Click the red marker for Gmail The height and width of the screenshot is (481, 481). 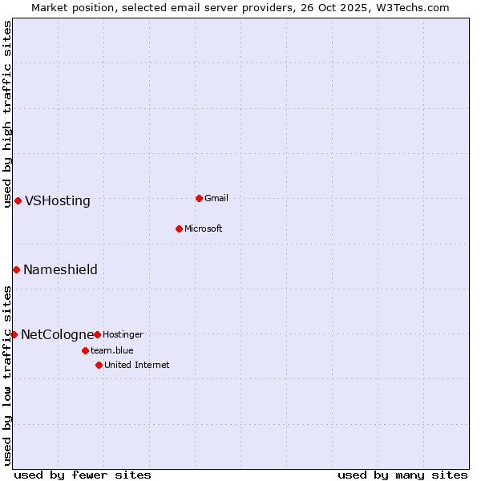click(199, 198)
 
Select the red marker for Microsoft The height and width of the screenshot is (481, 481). click(179, 228)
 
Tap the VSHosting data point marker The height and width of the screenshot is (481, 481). click(18, 200)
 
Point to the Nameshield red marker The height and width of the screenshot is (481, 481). click(16, 269)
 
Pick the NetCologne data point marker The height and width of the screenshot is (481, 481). click(14, 334)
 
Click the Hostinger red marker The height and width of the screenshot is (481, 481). click(97, 334)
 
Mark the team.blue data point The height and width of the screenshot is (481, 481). click(85, 350)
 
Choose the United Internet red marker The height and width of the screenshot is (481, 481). click(99, 365)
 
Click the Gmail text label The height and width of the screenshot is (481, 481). click(216, 198)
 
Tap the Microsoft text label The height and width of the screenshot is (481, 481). click(203, 228)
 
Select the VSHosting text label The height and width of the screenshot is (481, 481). click(58, 201)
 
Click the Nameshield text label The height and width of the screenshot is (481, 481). click(60, 270)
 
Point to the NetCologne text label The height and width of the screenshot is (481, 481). click(57, 335)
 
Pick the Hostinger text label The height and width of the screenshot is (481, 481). click(123, 334)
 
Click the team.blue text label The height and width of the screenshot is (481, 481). click(111, 350)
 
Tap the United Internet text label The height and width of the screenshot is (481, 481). click(136, 365)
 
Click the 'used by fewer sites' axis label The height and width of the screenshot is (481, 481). click(83, 475)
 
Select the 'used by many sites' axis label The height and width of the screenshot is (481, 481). click(402, 475)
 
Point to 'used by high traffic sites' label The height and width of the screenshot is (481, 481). click(7, 114)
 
